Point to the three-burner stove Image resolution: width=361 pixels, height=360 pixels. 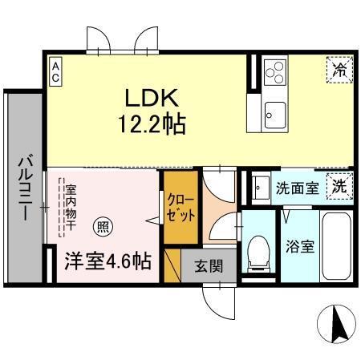point(274,72)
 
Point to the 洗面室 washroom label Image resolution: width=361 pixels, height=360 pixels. point(298,190)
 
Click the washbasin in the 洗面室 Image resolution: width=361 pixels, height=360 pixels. point(261,189)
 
